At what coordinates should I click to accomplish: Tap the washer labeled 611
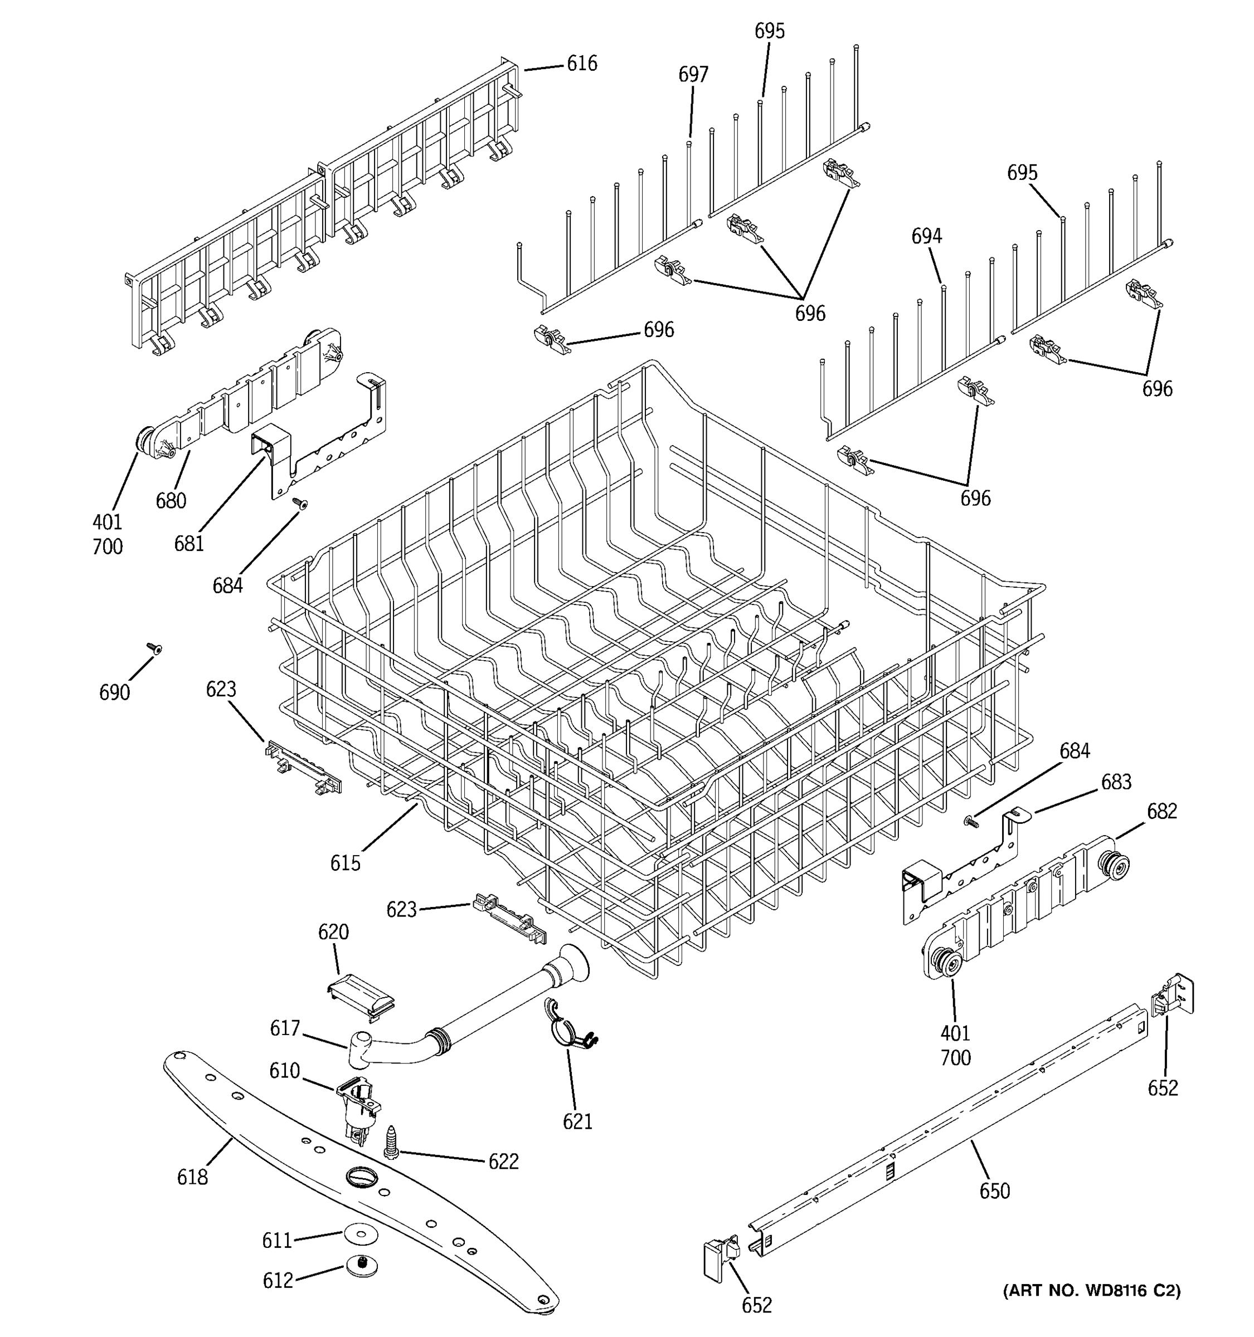coord(361,1234)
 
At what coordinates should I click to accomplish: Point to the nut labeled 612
coord(362,1266)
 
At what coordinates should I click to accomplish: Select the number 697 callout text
coord(693,74)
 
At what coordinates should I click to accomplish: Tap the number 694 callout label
coord(926,236)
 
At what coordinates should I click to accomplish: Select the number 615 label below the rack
coord(345,863)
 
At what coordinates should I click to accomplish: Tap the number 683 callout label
coord(1115,782)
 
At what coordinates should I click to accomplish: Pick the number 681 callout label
coord(189,543)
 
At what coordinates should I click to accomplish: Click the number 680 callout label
coord(171,500)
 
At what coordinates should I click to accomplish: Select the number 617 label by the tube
coord(285,1028)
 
